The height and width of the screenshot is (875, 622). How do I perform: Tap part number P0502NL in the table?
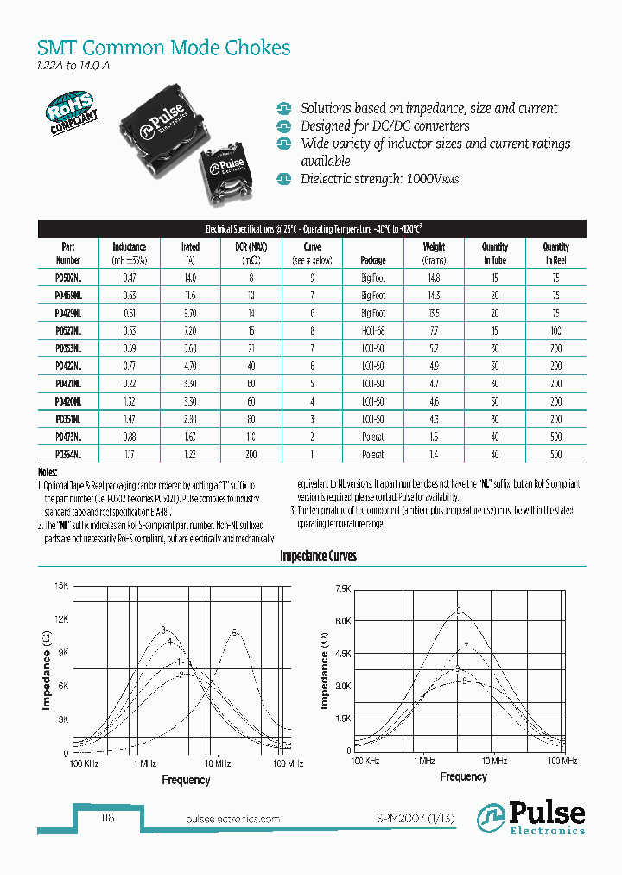pos(68,278)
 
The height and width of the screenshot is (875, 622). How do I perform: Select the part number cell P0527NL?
pos(68,331)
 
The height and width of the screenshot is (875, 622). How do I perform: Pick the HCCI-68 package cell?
pos(373,331)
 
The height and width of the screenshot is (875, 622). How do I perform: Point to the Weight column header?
pos(435,252)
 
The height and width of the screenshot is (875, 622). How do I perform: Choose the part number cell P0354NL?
pos(68,454)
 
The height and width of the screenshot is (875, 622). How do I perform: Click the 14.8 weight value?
pos(434,278)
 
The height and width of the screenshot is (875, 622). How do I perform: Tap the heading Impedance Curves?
pos(318,556)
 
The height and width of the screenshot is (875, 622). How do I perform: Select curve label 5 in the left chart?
pos(234,633)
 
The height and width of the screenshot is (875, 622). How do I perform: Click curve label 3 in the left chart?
pos(162,629)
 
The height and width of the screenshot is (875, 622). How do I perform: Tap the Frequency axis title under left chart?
pos(186,780)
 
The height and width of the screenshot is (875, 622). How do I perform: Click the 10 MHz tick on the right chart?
pos(492,761)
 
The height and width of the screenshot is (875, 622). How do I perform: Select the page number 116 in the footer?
pos(107,819)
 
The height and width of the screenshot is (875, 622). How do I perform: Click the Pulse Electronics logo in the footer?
pos(532,818)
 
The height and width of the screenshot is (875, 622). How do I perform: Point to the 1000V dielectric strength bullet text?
pos(379,179)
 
